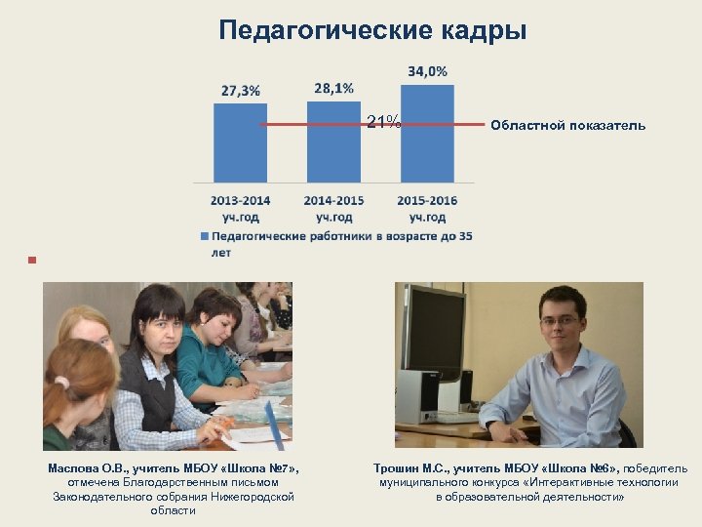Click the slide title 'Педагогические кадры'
click(x=372, y=30)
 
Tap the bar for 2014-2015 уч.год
click(x=333, y=142)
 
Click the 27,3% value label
click(x=240, y=91)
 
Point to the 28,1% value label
click(x=333, y=88)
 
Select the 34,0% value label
click(x=427, y=71)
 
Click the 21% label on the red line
click(x=383, y=122)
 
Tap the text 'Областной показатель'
click(x=567, y=126)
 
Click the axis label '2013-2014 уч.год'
click(x=240, y=208)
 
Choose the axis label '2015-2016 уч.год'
click(x=427, y=208)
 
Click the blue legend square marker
click(x=204, y=236)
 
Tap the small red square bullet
click(x=31, y=261)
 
